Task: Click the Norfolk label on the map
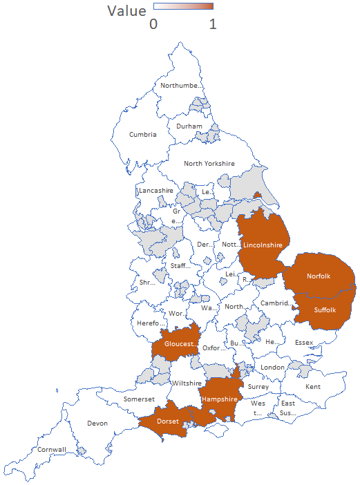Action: point(319,276)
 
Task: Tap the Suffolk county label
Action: point(324,310)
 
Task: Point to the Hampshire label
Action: point(220,399)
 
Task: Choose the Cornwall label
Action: point(52,450)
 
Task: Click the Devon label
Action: point(97,423)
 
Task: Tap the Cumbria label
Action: point(142,135)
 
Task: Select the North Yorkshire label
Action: point(209,164)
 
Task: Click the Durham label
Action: point(189,126)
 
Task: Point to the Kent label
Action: point(313,386)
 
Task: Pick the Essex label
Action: point(304,343)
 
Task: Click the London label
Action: point(273,367)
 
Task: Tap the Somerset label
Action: point(139,399)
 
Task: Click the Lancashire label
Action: point(155,190)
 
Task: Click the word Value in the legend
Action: point(126,11)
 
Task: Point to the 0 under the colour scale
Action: point(153,23)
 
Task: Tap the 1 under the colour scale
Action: point(213,23)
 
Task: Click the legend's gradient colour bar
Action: point(183,6)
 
